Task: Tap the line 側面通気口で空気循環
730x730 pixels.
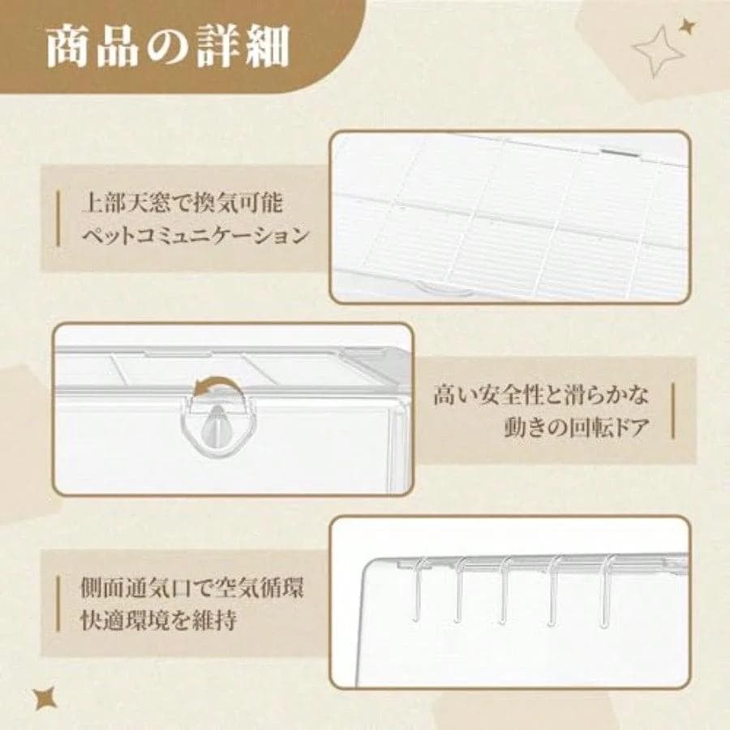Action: (x=191, y=587)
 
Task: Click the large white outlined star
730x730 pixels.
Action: (x=658, y=50)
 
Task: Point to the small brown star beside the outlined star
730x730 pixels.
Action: (x=687, y=27)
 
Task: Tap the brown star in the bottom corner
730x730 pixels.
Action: (x=45, y=698)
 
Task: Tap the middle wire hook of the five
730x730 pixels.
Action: (x=505, y=592)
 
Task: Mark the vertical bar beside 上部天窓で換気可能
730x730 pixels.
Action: (x=58, y=219)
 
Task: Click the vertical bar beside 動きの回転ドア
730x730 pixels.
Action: (x=672, y=411)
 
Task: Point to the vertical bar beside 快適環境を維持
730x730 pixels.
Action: (x=58, y=604)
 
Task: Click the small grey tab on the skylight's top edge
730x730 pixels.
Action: (x=620, y=149)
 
